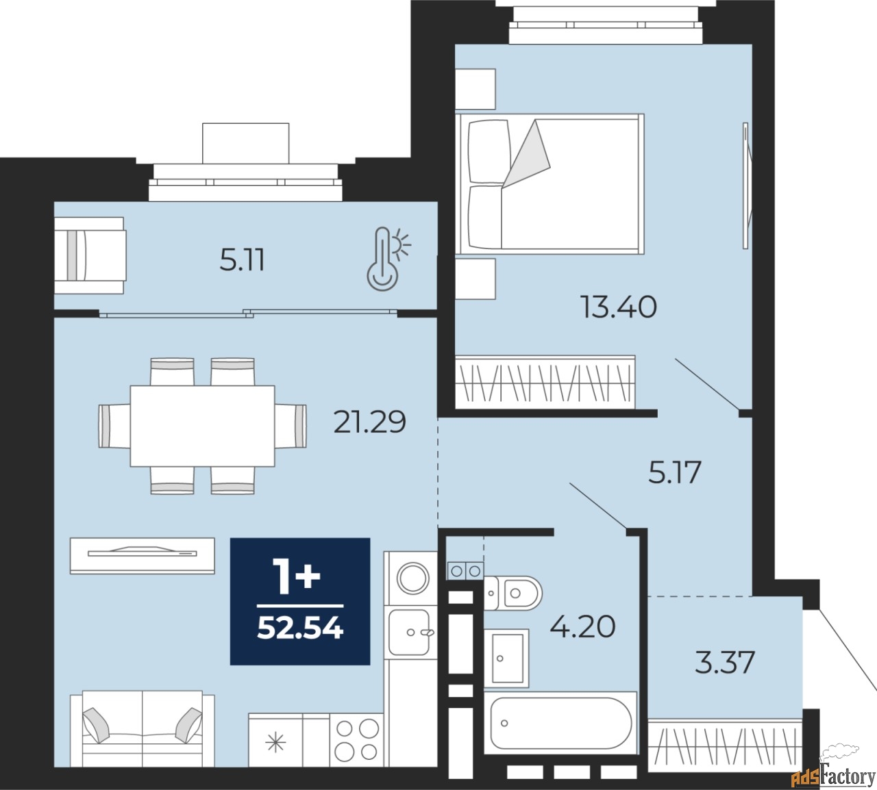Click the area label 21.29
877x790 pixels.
pyautogui.click(x=369, y=422)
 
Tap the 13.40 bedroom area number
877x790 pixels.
pyautogui.click(x=618, y=307)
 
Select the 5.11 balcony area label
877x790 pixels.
pyautogui.click(x=242, y=261)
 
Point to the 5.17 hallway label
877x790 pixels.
pyautogui.click(x=674, y=473)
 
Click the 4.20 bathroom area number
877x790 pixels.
pyautogui.click(x=582, y=626)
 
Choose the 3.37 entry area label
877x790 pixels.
pyautogui.click(x=724, y=662)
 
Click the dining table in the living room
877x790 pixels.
pyautogui.click(x=202, y=425)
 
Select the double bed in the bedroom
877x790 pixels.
pyautogui.click(x=552, y=181)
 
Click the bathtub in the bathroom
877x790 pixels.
pyautogui.click(x=560, y=723)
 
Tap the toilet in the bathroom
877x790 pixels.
pyautogui.click(x=513, y=592)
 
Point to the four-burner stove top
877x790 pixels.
pyautogui.click(x=356, y=739)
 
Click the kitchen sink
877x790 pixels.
pyautogui.click(x=410, y=632)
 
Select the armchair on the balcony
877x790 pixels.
pyautogui.click(x=90, y=255)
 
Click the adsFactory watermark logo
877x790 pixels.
pyautogui.click(x=832, y=776)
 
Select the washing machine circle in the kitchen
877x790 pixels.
pyautogui.click(x=413, y=578)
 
